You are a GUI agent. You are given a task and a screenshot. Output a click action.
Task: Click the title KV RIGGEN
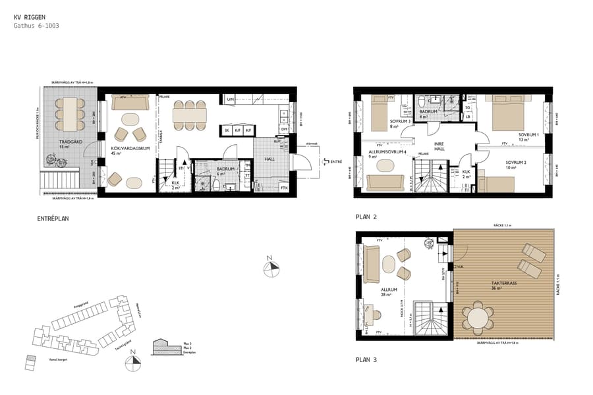(x=29, y=17)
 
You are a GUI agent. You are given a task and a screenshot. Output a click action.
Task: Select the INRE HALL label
(x=439, y=146)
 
